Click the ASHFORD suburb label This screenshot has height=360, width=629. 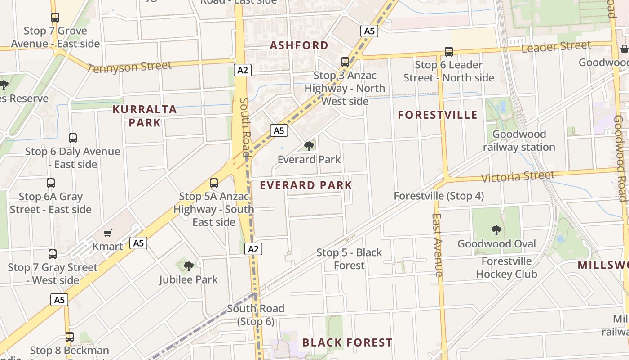[299, 45]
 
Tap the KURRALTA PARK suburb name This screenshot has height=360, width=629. [145, 116]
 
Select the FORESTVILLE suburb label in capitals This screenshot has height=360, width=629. [438, 115]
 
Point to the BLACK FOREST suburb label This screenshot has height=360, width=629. [347, 343]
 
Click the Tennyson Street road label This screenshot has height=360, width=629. [130, 67]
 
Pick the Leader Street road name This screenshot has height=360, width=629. [556, 47]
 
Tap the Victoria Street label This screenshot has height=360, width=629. [518, 176]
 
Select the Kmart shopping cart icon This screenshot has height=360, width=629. [107, 233]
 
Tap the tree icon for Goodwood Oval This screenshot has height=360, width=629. [496, 230]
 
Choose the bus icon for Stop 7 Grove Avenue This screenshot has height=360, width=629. [55, 18]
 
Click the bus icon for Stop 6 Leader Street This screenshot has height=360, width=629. [448, 51]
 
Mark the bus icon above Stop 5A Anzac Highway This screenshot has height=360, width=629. [214, 183]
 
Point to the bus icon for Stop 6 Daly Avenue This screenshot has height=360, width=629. [73, 138]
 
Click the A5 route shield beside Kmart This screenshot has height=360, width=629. [138, 243]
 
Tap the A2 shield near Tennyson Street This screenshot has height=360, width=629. [242, 70]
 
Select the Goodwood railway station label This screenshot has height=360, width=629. [519, 140]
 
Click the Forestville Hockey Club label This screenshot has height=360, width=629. [506, 268]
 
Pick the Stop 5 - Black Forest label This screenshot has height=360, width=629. [349, 259]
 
